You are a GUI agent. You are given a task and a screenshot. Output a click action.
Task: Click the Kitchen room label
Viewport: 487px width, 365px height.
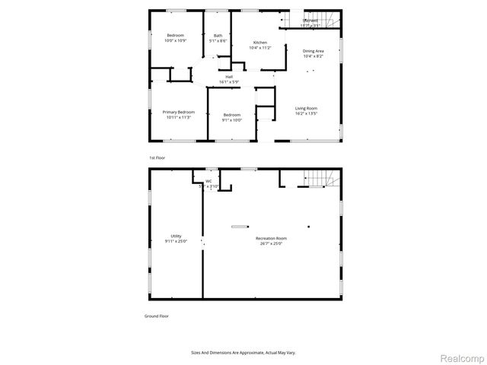(x=260, y=42)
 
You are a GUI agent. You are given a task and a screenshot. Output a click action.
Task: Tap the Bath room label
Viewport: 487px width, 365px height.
(x=218, y=36)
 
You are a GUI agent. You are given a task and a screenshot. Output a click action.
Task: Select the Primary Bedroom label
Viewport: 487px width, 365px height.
(x=178, y=112)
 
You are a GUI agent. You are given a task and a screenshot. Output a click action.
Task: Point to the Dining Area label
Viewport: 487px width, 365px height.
(x=314, y=51)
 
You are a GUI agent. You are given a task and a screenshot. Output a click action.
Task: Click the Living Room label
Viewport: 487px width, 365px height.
(x=306, y=108)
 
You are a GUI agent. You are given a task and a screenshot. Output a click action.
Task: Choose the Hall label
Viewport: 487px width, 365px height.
(x=228, y=77)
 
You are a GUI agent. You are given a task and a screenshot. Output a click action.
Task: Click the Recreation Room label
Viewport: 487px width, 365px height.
(x=271, y=238)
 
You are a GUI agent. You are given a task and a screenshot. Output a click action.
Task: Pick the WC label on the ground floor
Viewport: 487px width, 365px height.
(x=208, y=180)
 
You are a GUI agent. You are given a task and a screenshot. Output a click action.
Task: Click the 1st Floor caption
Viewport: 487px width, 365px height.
(x=157, y=157)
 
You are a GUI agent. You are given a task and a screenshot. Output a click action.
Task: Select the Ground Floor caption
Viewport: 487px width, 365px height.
(x=157, y=316)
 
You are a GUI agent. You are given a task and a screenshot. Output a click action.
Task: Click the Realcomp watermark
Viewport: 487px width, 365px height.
(x=463, y=357)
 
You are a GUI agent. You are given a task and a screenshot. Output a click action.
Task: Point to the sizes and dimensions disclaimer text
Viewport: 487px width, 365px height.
(x=243, y=352)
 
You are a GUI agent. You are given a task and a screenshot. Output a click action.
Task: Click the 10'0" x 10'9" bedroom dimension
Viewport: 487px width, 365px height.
(x=176, y=40)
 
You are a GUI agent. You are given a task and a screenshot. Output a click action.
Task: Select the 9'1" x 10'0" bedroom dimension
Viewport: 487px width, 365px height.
(x=231, y=119)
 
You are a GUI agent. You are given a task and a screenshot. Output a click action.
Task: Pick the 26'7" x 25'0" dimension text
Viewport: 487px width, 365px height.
(x=271, y=243)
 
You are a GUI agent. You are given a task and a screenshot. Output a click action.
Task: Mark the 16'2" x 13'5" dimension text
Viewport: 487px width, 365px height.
(x=306, y=113)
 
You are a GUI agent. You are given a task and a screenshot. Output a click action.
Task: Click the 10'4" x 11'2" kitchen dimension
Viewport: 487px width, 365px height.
(x=260, y=47)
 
